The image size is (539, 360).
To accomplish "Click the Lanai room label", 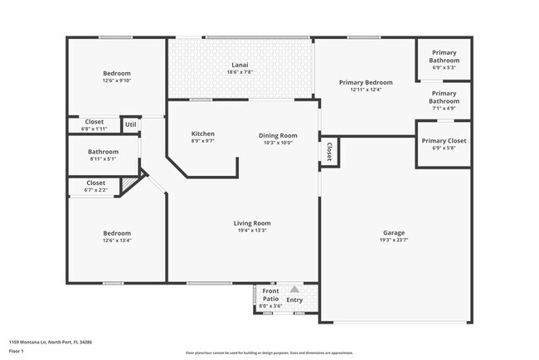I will [x=239, y=65].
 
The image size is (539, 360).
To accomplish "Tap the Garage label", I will [x=394, y=232].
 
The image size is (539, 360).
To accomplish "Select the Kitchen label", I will [x=203, y=134].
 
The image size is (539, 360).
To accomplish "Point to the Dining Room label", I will [x=278, y=135].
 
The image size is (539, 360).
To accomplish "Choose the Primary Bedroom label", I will [x=366, y=82].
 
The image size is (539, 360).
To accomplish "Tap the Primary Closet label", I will [x=444, y=140].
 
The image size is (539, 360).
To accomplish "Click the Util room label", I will [x=130, y=125].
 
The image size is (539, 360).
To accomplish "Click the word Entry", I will [x=295, y=300].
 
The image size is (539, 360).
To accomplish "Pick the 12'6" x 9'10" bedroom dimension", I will [x=117, y=80].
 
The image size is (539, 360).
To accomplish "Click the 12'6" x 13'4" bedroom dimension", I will [x=117, y=241].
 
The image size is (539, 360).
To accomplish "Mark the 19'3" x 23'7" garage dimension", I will [x=394, y=241].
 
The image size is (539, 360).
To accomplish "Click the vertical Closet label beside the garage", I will [x=329, y=151].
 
